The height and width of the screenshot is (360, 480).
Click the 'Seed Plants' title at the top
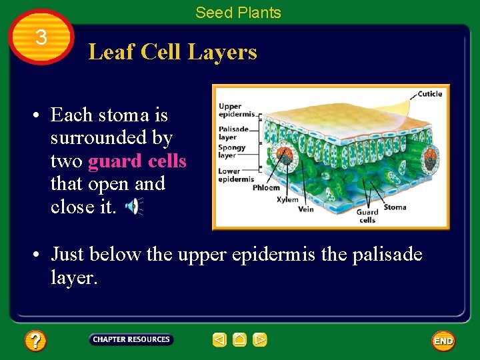[x=238, y=12]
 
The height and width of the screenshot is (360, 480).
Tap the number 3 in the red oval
[x=41, y=37]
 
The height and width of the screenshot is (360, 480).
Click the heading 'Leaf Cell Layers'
[x=173, y=51]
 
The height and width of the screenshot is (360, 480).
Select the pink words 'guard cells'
[x=137, y=161]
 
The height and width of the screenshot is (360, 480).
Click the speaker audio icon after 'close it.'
[x=133, y=207]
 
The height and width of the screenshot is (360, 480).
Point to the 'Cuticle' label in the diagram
[x=429, y=94]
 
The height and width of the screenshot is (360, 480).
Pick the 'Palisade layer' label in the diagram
[x=233, y=133]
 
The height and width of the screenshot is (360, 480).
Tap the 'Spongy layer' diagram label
[x=231, y=151]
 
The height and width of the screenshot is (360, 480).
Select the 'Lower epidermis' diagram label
[x=236, y=175]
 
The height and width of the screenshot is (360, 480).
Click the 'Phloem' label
[x=266, y=188]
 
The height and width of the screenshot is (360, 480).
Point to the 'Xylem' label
[x=287, y=199]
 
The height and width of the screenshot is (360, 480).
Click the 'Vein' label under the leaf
[x=306, y=209]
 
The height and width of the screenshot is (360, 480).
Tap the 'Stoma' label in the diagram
[x=395, y=207]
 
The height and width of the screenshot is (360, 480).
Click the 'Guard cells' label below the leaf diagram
[x=367, y=216]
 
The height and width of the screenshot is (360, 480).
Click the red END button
[x=443, y=341]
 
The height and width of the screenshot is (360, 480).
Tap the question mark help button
[x=35, y=341]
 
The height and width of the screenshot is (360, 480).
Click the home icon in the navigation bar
[x=239, y=340]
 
